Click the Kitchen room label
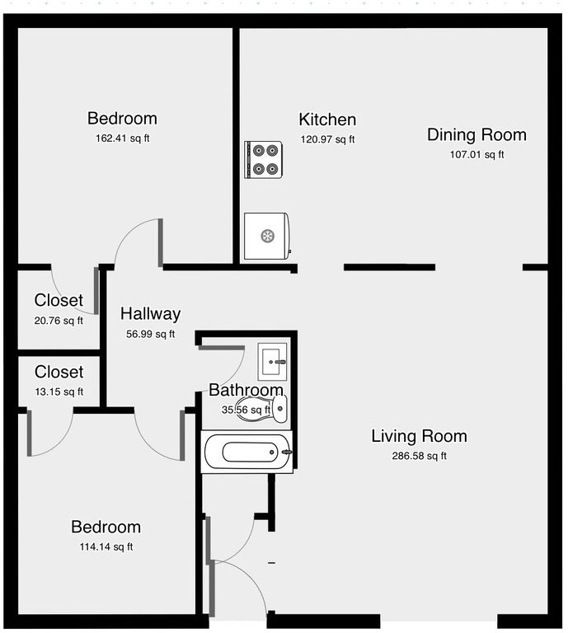click(x=327, y=120)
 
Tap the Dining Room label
click(x=476, y=135)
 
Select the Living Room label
click(x=419, y=436)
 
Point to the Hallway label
click(x=151, y=314)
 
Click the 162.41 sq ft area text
click(x=123, y=138)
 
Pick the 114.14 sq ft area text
click(x=106, y=547)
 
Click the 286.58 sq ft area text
click(x=419, y=456)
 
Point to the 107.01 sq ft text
click(x=476, y=155)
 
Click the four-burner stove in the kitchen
click(x=263, y=159)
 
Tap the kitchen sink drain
click(x=268, y=237)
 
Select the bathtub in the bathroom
click(x=247, y=452)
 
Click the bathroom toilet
click(x=262, y=408)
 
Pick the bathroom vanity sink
click(x=273, y=362)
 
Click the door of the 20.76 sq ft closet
click(x=96, y=291)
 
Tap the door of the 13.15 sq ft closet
click(x=29, y=434)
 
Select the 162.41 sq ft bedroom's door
click(x=160, y=242)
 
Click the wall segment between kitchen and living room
click(x=389, y=267)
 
